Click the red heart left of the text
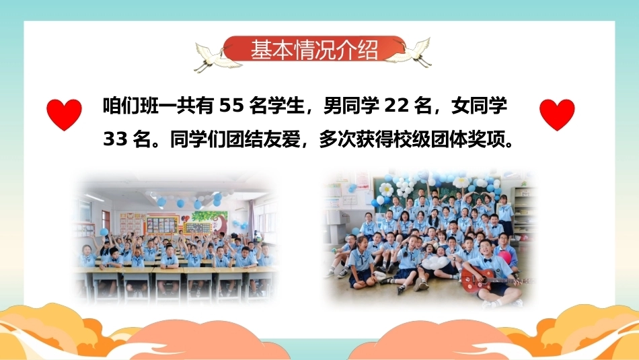pos(64,114)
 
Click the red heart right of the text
pos(557,114)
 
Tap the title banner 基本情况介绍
pos(314,50)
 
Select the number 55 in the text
pos(231,106)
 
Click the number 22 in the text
pos(397,106)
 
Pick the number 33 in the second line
pos(115,139)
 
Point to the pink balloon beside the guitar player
pos(504,257)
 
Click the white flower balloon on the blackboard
pos(387,188)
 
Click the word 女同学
pos(480,106)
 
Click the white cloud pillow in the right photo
pos(435,262)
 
